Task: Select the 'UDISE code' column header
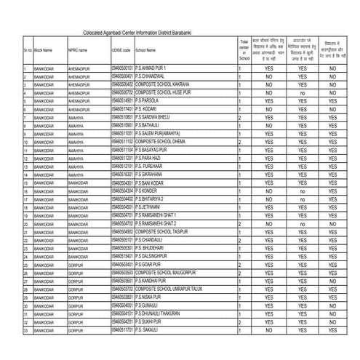tap(122, 51)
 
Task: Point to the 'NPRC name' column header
tap(78, 51)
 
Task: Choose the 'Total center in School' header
tap(244, 51)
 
